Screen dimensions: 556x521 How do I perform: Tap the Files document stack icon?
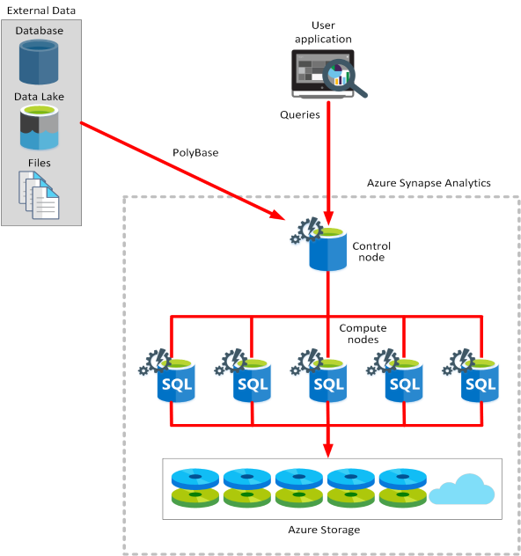point(39,194)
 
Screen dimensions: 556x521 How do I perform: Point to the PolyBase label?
point(194,153)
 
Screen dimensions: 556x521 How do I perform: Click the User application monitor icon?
point(320,74)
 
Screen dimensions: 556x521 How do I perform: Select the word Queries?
point(300,115)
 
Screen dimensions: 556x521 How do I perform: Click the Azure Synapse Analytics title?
point(429,183)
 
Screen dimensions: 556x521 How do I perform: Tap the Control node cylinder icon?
point(327,249)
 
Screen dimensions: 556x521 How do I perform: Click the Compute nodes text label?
point(363,333)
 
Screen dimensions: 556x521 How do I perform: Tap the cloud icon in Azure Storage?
point(464,490)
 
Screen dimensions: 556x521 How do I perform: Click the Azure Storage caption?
point(324,529)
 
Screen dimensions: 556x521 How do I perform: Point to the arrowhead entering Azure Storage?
point(328,450)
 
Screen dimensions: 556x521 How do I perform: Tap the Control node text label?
point(371,251)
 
